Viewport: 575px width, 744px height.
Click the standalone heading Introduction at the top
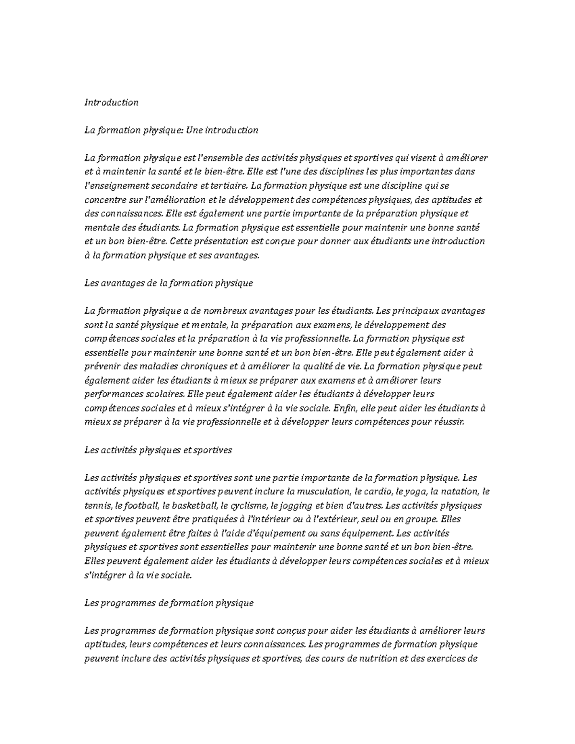111,103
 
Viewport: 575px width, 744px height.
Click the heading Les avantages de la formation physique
168,283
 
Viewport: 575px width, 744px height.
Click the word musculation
323,492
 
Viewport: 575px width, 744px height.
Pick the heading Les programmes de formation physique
169,603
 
